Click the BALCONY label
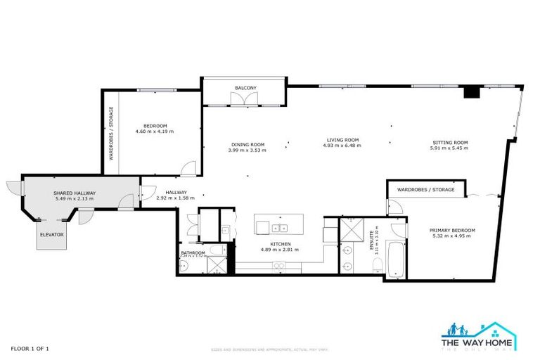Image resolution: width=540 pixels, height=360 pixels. [x=245, y=88]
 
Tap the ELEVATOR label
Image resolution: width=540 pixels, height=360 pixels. [x=51, y=233]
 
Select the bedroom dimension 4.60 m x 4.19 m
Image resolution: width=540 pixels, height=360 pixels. [x=154, y=131]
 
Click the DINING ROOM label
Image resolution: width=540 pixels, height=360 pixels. [x=247, y=144]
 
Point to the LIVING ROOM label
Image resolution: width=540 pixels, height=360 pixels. [x=341, y=139]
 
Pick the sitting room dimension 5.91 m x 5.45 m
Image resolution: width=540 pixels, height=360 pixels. [x=449, y=149]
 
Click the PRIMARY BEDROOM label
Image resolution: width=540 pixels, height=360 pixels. [x=453, y=230]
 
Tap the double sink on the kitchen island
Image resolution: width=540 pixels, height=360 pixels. [x=279, y=227]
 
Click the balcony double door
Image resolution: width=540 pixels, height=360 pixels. [x=245, y=101]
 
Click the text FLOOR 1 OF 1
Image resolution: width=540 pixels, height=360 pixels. [x=30, y=348]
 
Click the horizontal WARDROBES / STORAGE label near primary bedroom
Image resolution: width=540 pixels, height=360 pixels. [x=425, y=190]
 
